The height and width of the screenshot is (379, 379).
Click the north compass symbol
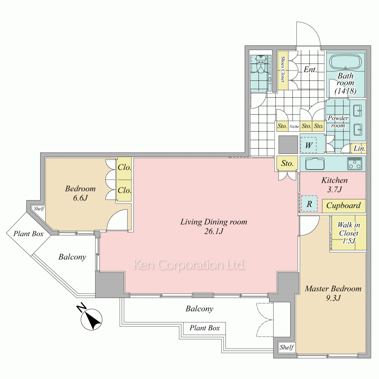(91, 319)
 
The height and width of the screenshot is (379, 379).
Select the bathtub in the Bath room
(346, 63)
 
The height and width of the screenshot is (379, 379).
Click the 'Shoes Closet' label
(283, 69)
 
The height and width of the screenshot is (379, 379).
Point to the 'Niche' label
(294, 127)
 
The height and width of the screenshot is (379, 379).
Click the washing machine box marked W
(309, 145)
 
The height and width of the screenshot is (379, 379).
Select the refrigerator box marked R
(309, 204)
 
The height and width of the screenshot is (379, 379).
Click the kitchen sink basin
(315, 164)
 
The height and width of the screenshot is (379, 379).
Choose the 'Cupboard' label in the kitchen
(343, 205)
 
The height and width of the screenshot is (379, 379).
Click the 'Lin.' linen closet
(359, 149)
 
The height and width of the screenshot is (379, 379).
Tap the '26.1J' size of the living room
(214, 231)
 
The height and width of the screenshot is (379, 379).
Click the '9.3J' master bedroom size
(333, 298)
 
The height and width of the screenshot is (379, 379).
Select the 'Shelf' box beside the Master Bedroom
(287, 347)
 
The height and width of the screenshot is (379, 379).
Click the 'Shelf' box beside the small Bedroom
(39, 208)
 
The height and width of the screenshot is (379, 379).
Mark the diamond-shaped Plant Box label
(28, 234)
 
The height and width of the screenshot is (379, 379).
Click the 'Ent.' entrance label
(310, 70)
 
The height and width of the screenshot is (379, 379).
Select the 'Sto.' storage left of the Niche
(282, 126)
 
